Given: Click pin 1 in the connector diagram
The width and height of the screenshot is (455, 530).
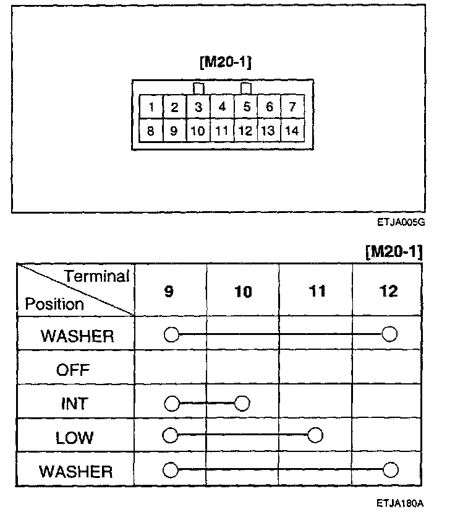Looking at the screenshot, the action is tap(151, 107).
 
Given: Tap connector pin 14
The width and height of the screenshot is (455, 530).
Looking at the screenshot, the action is tap(292, 131).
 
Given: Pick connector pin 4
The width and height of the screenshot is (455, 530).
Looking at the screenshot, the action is tap(222, 107).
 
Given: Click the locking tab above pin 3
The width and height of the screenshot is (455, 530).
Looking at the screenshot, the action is tap(198, 89).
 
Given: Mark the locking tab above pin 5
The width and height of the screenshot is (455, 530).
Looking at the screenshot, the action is tap(246, 89).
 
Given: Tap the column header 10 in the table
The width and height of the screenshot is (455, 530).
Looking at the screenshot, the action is tap(244, 292).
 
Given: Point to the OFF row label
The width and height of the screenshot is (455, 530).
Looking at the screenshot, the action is tap(73, 370).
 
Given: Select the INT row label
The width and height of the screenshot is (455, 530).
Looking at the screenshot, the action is tap(73, 404).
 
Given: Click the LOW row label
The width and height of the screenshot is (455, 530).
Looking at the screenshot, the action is tap(74, 438).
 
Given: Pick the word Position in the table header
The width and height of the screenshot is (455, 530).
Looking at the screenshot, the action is tap(54, 304).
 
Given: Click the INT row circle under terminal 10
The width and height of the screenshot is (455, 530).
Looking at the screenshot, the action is tap(242, 404).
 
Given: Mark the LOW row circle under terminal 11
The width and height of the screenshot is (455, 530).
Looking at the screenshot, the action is tap(315, 436).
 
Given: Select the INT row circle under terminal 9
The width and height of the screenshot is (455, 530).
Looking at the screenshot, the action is tap(171, 404).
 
